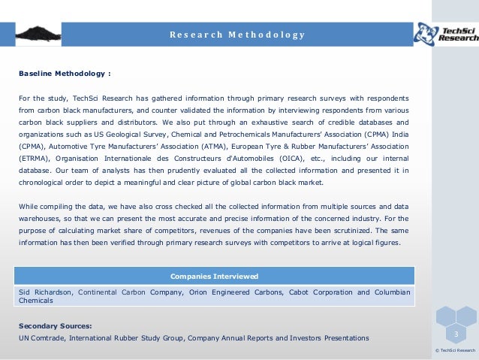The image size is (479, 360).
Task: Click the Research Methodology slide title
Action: (x=236, y=35)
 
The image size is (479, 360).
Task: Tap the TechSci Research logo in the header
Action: (x=446, y=33)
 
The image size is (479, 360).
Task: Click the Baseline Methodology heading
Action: (x=65, y=74)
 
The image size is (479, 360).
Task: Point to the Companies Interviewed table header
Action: (x=215, y=276)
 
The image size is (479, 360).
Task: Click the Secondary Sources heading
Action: (x=55, y=326)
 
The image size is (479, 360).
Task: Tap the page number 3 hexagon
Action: (x=455, y=333)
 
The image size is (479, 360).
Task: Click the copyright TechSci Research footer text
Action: (x=456, y=350)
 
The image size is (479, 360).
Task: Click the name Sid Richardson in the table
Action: (x=44, y=292)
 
